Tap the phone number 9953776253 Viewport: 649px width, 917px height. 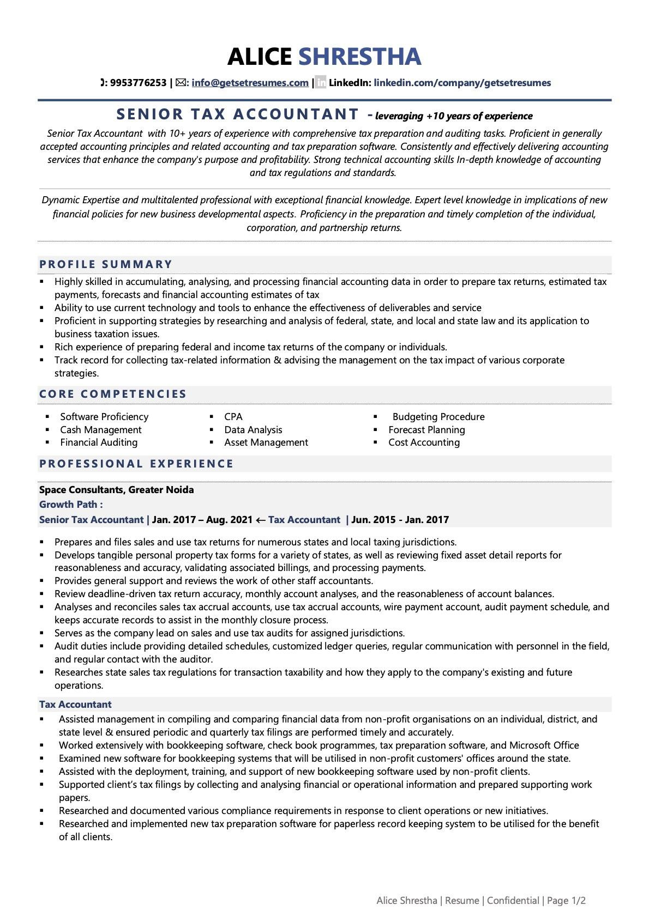click(x=138, y=83)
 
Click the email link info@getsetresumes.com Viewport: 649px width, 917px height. click(x=250, y=83)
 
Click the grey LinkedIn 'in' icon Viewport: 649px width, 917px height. click(x=321, y=83)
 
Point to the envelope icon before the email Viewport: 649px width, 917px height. click(x=181, y=83)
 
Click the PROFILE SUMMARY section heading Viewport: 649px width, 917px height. click(x=106, y=265)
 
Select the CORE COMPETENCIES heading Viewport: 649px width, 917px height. click(x=113, y=394)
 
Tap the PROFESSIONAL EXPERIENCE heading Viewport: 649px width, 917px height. click(x=136, y=464)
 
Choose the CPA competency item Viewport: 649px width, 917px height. click(x=233, y=417)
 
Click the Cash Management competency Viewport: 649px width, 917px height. click(x=101, y=430)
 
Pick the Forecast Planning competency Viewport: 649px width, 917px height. click(x=426, y=430)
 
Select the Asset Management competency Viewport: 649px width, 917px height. click(x=266, y=442)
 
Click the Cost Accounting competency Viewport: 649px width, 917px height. click(x=424, y=442)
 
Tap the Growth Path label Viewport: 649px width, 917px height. click(x=71, y=505)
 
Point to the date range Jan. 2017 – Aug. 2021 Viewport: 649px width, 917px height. click(x=202, y=520)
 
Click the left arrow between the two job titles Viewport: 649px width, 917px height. click(x=261, y=520)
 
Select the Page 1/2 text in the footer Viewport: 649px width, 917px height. click(x=566, y=901)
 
